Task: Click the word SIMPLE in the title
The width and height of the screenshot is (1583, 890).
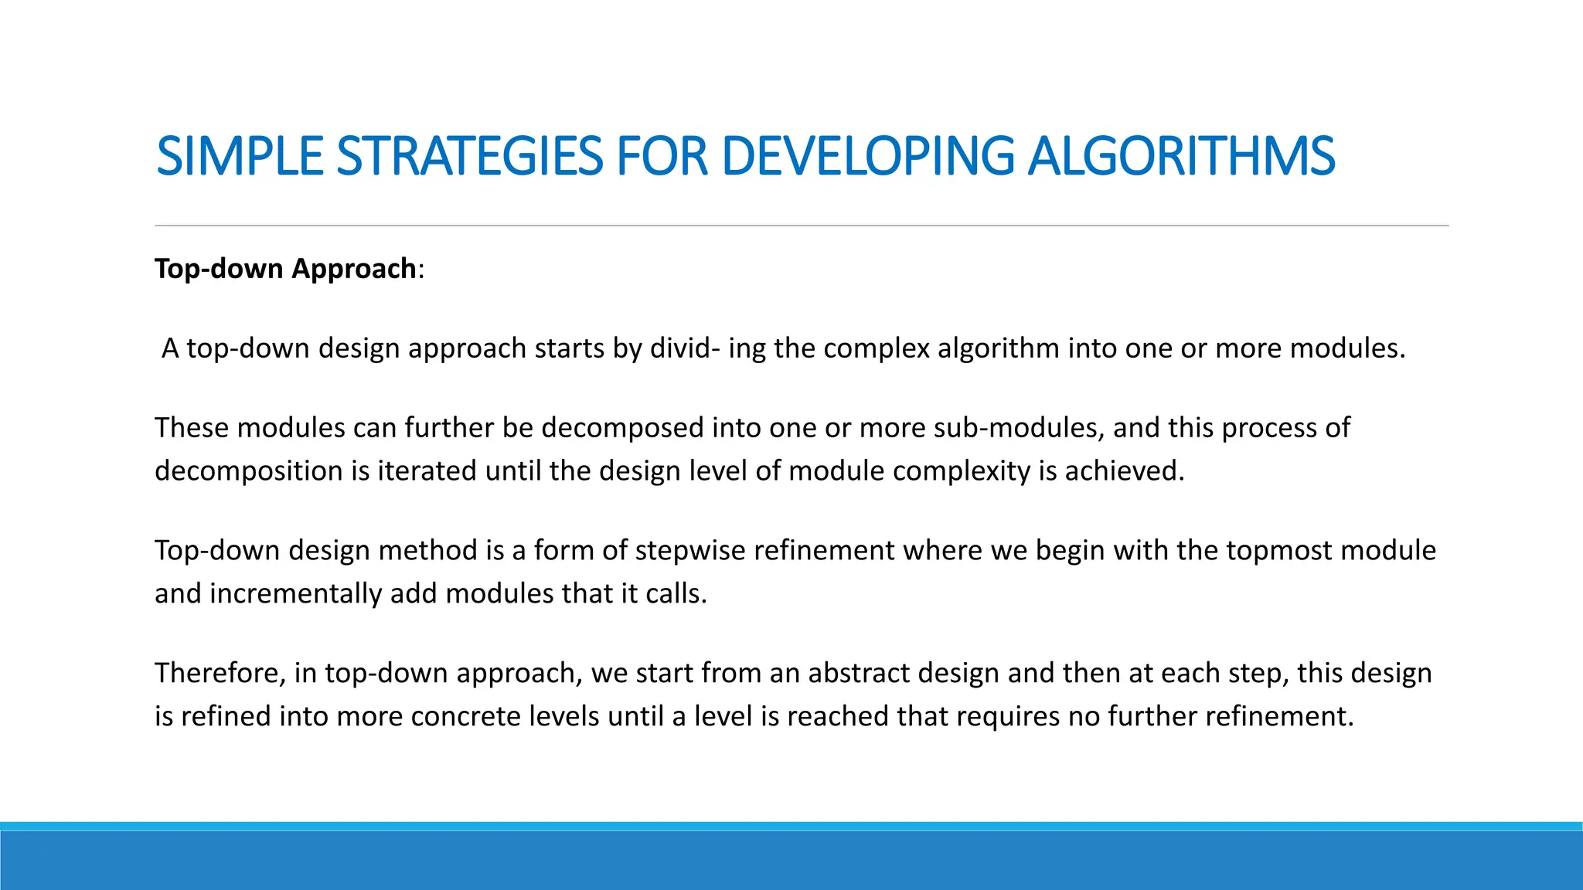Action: pos(239,156)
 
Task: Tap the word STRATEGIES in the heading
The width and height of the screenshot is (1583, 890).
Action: pos(469,156)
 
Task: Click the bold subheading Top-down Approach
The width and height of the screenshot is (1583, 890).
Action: pos(286,269)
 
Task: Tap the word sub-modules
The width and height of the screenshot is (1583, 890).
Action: pos(1018,428)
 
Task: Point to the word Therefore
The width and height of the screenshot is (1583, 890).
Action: pos(220,673)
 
